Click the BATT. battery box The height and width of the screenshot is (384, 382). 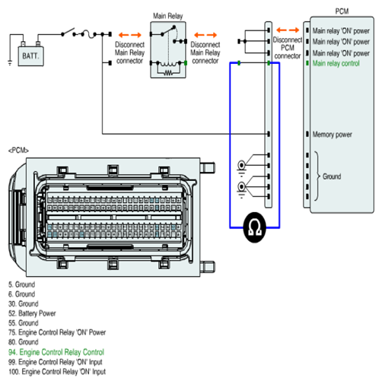tap(30, 56)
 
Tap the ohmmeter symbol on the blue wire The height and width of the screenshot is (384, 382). tap(254, 227)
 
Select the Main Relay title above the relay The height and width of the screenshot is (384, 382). tap(167, 16)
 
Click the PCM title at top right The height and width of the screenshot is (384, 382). tap(342, 11)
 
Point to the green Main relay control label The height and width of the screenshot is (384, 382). tap(336, 63)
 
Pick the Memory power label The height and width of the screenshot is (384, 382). tap(332, 134)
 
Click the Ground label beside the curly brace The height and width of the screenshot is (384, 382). tap(332, 176)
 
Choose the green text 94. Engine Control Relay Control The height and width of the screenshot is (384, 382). tap(56, 352)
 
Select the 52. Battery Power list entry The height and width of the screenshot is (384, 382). tap(32, 313)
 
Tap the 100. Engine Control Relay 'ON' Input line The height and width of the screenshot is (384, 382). tap(57, 372)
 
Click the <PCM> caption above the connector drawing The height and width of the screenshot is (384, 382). tap(18, 151)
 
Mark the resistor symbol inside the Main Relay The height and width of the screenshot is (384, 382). tap(168, 73)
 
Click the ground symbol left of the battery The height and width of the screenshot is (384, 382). tap(10, 62)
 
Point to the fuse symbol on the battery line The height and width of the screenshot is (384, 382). tap(88, 34)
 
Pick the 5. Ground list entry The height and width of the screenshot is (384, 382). tap(21, 284)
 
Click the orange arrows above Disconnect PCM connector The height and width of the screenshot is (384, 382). tap(288, 30)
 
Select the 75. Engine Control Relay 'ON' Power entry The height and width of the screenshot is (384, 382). tap(57, 332)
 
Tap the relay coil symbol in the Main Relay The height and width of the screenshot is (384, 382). tap(168, 64)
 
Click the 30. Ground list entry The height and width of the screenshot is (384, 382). tap(24, 303)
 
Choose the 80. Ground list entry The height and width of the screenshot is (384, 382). tap(24, 342)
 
